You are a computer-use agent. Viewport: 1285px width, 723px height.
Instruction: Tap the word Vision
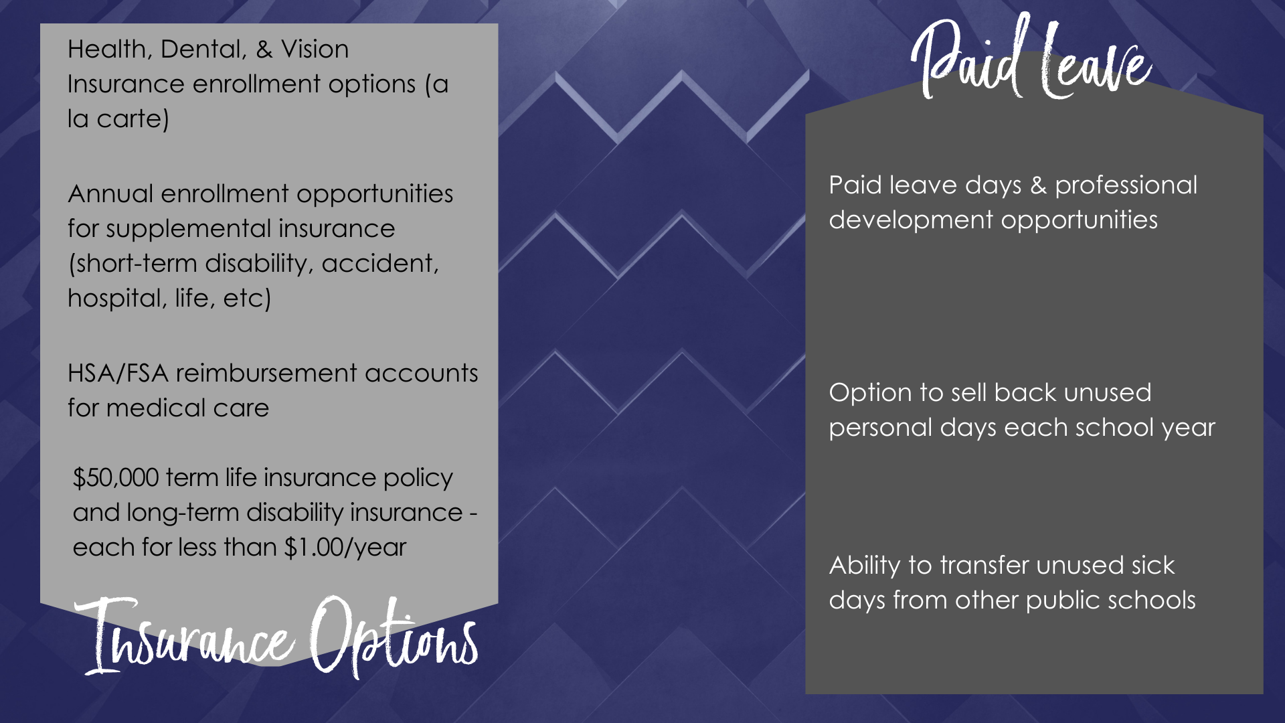pyautogui.click(x=315, y=50)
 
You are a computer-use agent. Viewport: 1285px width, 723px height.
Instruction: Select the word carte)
pyautogui.click(x=133, y=119)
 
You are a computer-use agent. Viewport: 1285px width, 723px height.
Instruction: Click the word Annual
pyautogui.click(x=110, y=193)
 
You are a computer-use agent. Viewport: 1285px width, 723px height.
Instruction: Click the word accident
pyautogui.click(x=380, y=264)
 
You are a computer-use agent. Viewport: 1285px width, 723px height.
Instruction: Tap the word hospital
pyautogui.click(x=116, y=299)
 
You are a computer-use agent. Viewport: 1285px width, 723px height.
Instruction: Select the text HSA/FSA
pyautogui.click(x=118, y=374)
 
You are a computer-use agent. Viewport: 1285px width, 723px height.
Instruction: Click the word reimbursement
pyautogui.click(x=266, y=373)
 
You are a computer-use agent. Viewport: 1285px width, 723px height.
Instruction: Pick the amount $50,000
pyautogui.click(x=116, y=478)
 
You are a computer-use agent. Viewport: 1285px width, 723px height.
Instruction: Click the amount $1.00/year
pyautogui.click(x=345, y=548)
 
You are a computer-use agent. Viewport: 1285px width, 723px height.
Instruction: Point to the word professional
pyautogui.click(x=1126, y=186)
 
